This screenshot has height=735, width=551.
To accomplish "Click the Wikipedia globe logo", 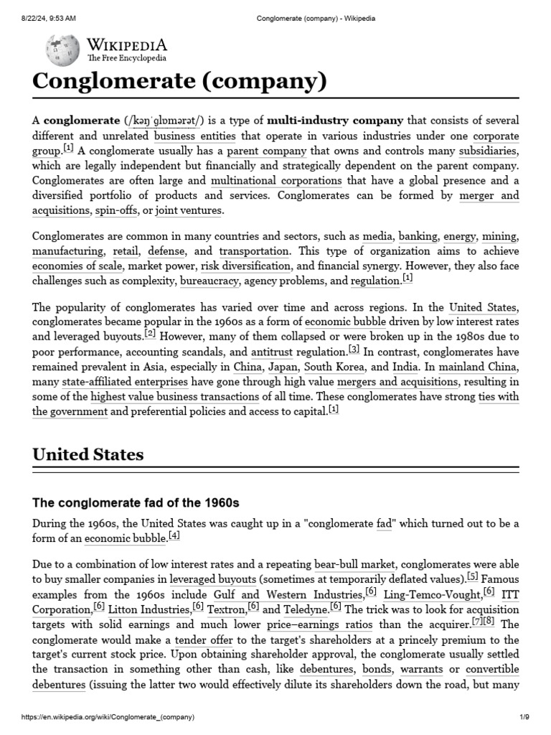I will coord(62,50).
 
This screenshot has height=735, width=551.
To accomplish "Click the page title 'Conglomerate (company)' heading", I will coord(179,82).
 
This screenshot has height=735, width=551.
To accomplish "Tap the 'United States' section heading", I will coord(88,454).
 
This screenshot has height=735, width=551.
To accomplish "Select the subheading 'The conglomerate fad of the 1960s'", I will coord(136,502).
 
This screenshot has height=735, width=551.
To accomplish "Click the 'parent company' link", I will coord(266,151).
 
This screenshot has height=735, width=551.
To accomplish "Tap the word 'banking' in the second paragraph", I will coord(418,237).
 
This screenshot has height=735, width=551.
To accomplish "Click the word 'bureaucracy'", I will coord(209,281).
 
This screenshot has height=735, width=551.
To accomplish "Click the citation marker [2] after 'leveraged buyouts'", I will coord(150,334).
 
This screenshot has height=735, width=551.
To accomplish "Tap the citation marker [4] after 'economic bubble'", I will coord(174,535).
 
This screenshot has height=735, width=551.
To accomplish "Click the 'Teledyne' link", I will coord(305,609).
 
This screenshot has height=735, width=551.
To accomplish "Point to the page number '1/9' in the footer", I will coord(524,717).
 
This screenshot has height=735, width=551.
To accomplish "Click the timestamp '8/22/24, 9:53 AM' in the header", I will coord(44,18).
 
